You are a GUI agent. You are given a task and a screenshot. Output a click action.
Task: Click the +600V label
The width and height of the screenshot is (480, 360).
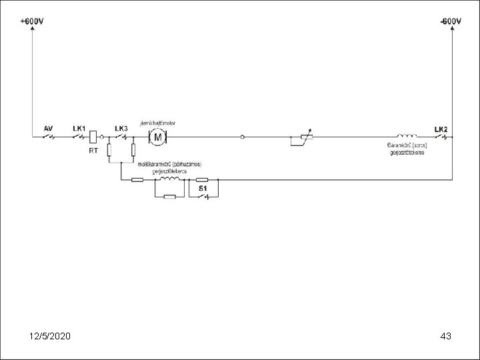pyautogui.click(x=32, y=21)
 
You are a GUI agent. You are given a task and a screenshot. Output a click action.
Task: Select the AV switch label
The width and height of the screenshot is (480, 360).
pyautogui.click(x=48, y=127)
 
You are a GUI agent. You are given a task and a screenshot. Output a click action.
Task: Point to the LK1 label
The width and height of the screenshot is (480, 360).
pyautogui.click(x=79, y=127)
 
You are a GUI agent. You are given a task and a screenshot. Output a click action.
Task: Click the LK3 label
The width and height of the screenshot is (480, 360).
pyautogui.click(x=121, y=127)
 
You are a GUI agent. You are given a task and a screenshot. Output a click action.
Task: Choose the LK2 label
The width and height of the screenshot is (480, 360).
pyautogui.click(x=441, y=128)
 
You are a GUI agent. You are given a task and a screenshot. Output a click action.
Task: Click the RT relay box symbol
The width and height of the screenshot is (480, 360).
pyautogui.click(x=94, y=137)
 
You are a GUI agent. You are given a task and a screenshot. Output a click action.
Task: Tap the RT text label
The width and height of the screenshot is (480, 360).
pyautogui.click(x=94, y=150)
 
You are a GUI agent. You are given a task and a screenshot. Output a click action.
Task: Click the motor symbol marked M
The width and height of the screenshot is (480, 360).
pyautogui.click(x=159, y=137)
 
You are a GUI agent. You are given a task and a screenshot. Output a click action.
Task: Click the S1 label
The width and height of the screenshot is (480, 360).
pyautogui.click(x=202, y=189)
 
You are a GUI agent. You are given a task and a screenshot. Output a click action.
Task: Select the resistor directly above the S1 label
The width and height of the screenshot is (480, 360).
pyautogui.click(x=202, y=179)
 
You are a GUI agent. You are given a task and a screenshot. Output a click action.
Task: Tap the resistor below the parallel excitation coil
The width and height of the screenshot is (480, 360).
pyautogui.click(x=170, y=197)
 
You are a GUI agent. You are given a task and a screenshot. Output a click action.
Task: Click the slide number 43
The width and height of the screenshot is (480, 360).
pyautogui.click(x=446, y=335)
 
